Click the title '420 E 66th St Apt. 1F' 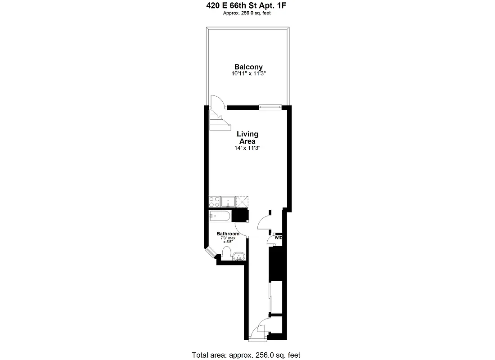247,6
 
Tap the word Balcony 248,67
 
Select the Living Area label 247,138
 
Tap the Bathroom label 228,234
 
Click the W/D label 279,238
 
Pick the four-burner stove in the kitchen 215,202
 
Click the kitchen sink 229,202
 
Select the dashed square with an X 243,202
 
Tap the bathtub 220,216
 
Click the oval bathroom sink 238,257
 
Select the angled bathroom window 211,254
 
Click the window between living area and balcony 270,107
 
